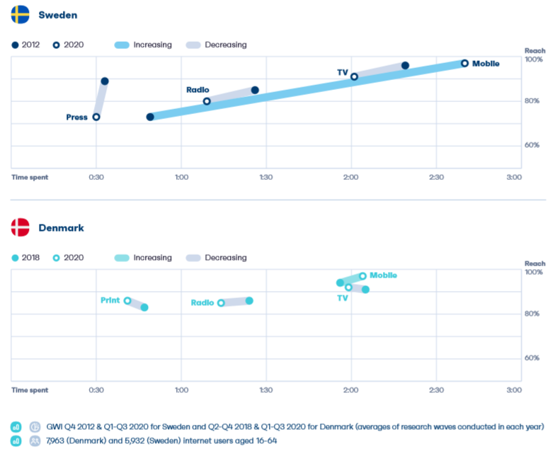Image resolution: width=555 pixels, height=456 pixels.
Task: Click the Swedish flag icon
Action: (20, 14)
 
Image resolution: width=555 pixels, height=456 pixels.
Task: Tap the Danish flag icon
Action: (20, 227)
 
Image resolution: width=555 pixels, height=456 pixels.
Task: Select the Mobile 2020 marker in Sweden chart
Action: (464, 63)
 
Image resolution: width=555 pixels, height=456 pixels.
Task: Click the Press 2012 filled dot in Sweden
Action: (105, 81)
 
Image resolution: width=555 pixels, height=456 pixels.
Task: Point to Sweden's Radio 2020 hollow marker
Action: (207, 101)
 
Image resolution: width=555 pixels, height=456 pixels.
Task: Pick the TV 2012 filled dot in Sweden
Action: (405, 66)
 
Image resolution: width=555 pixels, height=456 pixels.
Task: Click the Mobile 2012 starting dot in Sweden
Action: (150, 117)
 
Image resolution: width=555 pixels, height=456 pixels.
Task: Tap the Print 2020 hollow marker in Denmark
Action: (127, 301)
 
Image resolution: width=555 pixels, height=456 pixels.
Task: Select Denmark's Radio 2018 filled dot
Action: (249, 301)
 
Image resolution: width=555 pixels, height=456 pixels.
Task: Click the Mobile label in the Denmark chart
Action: (383, 275)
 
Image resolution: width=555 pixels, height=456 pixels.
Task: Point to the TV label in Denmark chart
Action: (343, 298)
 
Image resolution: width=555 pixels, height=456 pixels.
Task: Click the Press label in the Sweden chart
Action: (76, 118)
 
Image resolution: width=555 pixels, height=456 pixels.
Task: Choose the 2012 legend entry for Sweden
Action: (26, 45)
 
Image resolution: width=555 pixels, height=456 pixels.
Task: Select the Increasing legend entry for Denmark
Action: (142, 258)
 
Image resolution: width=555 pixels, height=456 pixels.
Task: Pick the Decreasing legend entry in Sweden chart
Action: (217, 45)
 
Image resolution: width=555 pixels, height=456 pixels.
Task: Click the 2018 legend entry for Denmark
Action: (26, 258)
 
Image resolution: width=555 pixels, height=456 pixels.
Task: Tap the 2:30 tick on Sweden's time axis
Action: (436, 177)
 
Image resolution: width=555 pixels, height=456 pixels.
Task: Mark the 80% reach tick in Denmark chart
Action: (532, 314)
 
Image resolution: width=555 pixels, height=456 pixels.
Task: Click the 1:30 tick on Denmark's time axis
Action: (266, 390)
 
